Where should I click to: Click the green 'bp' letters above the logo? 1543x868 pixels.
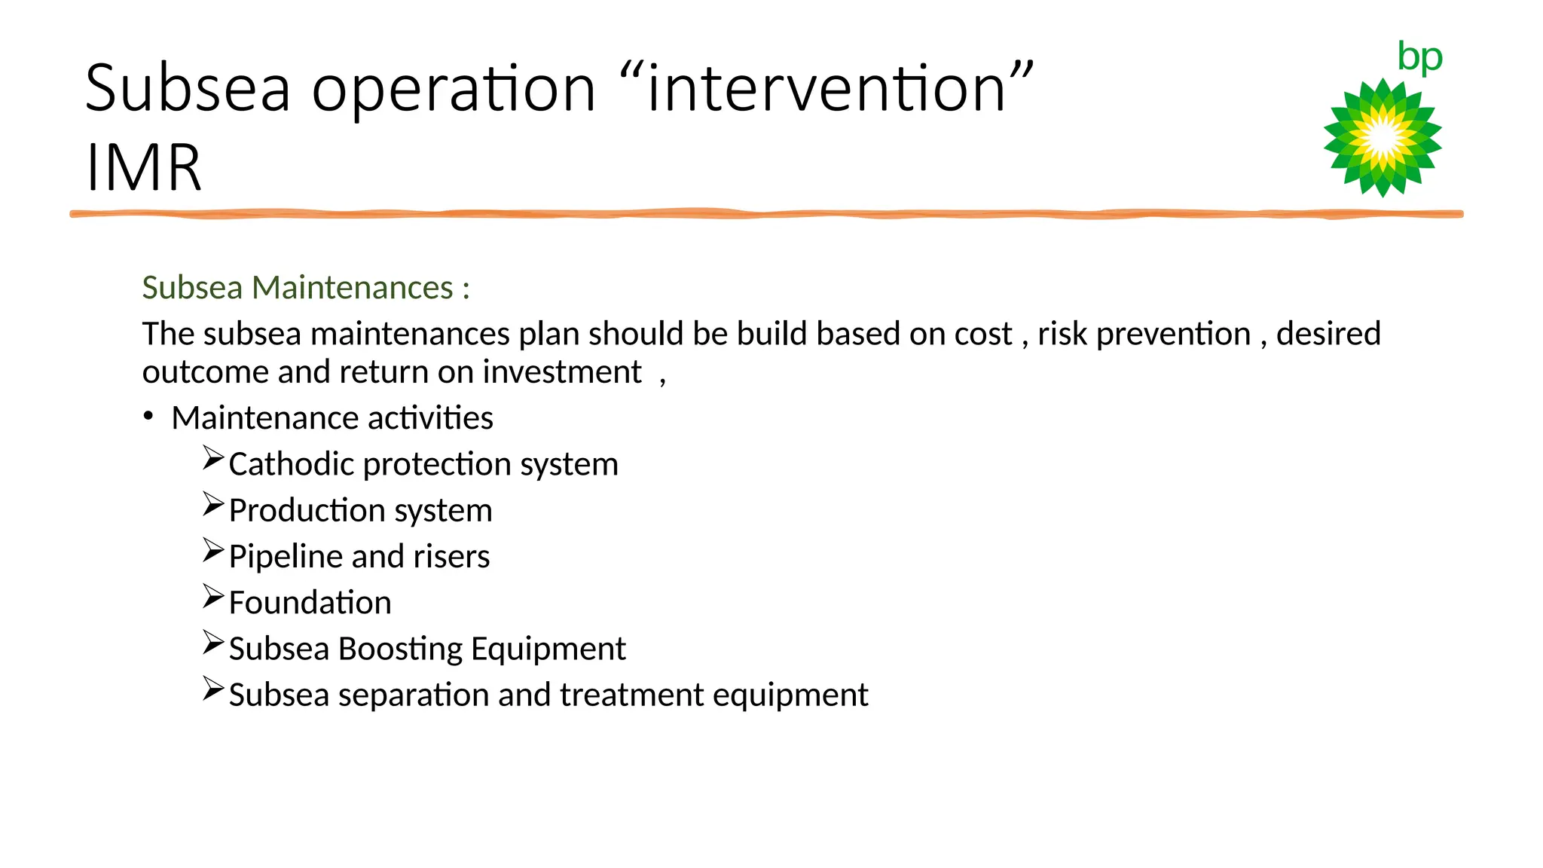point(1419,57)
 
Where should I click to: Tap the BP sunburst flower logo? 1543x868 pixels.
point(1383,138)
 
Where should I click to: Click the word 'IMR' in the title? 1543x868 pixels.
point(143,168)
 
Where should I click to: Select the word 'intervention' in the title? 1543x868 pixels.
point(826,89)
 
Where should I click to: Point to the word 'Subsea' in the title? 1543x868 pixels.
point(188,89)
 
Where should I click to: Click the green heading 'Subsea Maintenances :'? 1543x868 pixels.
point(306,288)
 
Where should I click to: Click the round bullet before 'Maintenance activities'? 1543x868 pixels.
point(148,416)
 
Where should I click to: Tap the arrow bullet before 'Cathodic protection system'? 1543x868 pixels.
point(213,458)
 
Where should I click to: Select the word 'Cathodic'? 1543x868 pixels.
point(291,464)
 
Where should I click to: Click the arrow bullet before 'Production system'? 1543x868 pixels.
point(213,504)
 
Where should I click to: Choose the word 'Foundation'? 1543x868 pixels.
point(310,603)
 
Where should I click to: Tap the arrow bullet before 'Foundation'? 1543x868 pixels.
point(213,597)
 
